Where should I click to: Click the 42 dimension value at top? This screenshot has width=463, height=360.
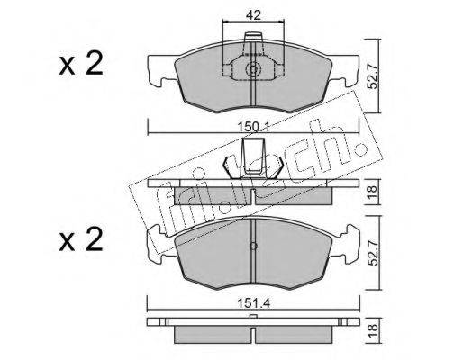[253, 14]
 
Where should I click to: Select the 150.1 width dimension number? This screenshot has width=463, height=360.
[254, 127]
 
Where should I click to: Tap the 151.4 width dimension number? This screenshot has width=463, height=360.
[254, 303]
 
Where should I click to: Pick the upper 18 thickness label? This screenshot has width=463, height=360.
[373, 192]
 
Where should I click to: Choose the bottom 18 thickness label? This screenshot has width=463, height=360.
[373, 330]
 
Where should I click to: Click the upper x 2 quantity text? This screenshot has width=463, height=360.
[81, 64]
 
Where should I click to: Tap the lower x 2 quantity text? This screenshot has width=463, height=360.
[81, 239]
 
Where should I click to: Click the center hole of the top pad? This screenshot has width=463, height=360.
[253, 69]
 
